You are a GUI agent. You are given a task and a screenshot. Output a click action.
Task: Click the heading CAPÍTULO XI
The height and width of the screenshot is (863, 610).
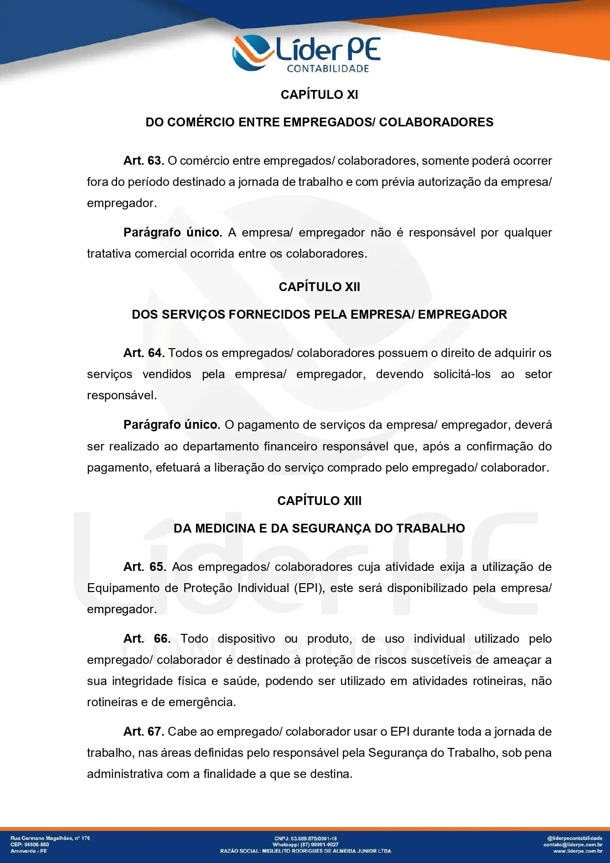(319, 94)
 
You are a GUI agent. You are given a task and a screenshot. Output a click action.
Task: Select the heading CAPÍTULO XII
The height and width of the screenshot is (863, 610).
(319, 287)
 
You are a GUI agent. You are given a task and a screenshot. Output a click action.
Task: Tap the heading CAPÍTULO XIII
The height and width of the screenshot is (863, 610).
(319, 501)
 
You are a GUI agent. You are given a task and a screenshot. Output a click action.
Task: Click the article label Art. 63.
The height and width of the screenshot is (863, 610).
(144, 161)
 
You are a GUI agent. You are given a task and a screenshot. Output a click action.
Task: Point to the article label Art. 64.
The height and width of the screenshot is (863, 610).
(144, 353)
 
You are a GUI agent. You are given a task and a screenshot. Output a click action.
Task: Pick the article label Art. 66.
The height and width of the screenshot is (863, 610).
(146, 639)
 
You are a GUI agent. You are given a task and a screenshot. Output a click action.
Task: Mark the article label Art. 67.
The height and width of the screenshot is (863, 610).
(144, 732)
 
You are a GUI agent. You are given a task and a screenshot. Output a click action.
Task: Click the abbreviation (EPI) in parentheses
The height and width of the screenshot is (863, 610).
(309, 588)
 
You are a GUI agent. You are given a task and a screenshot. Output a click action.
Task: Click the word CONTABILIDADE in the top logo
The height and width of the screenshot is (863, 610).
(328, 69)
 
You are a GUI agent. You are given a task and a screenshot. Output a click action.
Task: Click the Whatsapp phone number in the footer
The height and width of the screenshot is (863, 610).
(319, 844)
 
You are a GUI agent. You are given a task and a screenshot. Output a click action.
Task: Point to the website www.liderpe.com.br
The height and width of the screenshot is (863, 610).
(578, 851)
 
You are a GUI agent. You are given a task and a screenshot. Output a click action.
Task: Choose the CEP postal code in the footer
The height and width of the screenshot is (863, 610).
(30, 844)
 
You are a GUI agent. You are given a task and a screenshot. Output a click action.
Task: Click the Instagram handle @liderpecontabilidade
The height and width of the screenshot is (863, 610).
(574, 838)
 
